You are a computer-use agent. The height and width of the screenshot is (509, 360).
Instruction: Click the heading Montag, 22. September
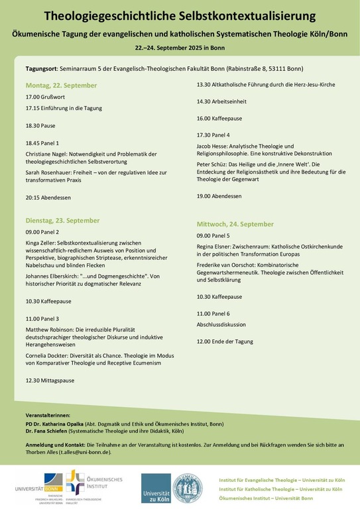point(61,85)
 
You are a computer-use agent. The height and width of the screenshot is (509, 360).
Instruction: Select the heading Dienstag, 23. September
point(62,220)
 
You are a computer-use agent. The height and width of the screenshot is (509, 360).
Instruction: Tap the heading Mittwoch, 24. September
point(235,224)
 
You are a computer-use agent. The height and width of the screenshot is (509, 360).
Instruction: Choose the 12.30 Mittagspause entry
point(50,380)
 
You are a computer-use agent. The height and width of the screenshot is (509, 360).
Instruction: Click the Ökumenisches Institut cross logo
point(74,481)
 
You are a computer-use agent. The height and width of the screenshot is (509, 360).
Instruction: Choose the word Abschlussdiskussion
point(221,325)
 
